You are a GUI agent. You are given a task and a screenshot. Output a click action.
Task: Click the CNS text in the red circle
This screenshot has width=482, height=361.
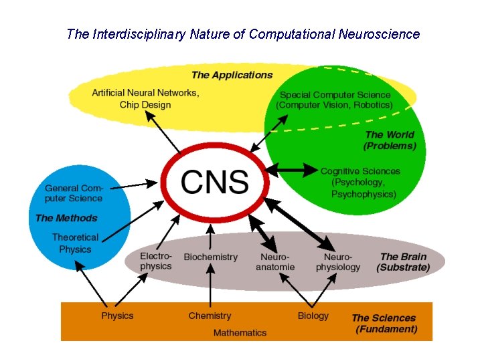tap(215, 181)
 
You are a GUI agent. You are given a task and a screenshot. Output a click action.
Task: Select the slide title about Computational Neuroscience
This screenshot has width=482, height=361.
tap(243, 34)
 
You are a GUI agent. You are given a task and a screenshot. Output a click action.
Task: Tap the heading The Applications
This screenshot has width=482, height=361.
tap(232, 75)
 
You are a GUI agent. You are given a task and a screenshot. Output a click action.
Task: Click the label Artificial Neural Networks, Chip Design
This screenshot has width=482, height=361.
tap(145, 99)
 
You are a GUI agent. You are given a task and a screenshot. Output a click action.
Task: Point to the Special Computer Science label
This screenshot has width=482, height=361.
tap(335, 100)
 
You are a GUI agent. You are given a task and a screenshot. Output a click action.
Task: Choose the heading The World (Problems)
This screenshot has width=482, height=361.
tap(390, 140)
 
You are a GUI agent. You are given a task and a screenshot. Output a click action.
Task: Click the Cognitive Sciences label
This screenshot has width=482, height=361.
tap(360, 183)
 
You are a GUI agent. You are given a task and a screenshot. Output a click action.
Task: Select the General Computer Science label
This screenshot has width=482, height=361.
tap(74, 193)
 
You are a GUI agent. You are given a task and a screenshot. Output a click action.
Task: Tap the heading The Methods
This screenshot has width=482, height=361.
tap(66, 218)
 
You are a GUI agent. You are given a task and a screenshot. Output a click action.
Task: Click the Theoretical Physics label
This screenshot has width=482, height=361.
tap(75, 243)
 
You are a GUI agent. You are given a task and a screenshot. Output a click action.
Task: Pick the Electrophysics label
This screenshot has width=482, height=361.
tap(156, 261)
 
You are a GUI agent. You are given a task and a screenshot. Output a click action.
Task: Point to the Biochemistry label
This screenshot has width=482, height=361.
tap(210, 257)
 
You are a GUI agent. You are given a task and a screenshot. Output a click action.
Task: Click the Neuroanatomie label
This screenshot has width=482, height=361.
tap(274, 262)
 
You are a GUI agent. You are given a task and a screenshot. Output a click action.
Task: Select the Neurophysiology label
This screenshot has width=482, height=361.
tap(337, 262)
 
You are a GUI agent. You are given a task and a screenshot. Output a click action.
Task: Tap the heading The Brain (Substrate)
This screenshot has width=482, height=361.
tap(403, 261)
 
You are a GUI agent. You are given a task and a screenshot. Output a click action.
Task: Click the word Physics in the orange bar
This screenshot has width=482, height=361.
tap(117, 316)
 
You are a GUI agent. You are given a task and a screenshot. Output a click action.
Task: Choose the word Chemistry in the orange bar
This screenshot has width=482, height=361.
tap(210, 316)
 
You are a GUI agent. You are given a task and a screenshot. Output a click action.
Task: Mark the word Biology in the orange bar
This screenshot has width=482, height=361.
tap(313, 316)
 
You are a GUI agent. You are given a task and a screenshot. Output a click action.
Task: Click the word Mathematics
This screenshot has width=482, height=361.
tap(240, 332)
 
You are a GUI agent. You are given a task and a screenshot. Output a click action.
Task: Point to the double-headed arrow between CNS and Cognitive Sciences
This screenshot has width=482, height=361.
tap(293, 170)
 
